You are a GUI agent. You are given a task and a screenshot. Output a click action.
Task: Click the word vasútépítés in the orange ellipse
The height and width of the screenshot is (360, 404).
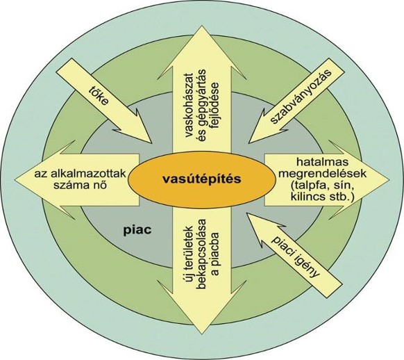point(202,179)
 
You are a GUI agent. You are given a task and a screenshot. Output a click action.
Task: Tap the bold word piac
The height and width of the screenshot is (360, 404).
point(137,230)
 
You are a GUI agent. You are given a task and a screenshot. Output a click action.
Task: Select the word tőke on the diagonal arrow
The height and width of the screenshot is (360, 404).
point(98,97)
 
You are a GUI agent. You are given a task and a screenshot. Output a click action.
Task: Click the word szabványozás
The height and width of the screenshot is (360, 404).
point(301,97)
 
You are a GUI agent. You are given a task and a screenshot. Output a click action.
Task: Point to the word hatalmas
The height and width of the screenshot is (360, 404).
point(322,163)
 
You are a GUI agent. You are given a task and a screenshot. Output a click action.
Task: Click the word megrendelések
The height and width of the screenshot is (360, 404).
point(322,174)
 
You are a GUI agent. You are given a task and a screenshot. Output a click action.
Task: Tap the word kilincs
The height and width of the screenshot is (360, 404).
point(307,197)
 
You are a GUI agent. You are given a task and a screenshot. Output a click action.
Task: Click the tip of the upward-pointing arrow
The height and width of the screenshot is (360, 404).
point(201,26)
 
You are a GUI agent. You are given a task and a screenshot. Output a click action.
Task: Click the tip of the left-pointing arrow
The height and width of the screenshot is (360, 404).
point(15,180)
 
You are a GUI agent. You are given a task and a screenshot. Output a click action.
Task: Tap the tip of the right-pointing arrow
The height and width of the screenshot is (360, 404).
point(389,180)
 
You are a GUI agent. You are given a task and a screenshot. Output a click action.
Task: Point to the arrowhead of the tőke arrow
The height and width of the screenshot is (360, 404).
point(150,142)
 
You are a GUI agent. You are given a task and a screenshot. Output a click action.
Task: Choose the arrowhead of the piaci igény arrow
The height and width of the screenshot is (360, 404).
point(247,213)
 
